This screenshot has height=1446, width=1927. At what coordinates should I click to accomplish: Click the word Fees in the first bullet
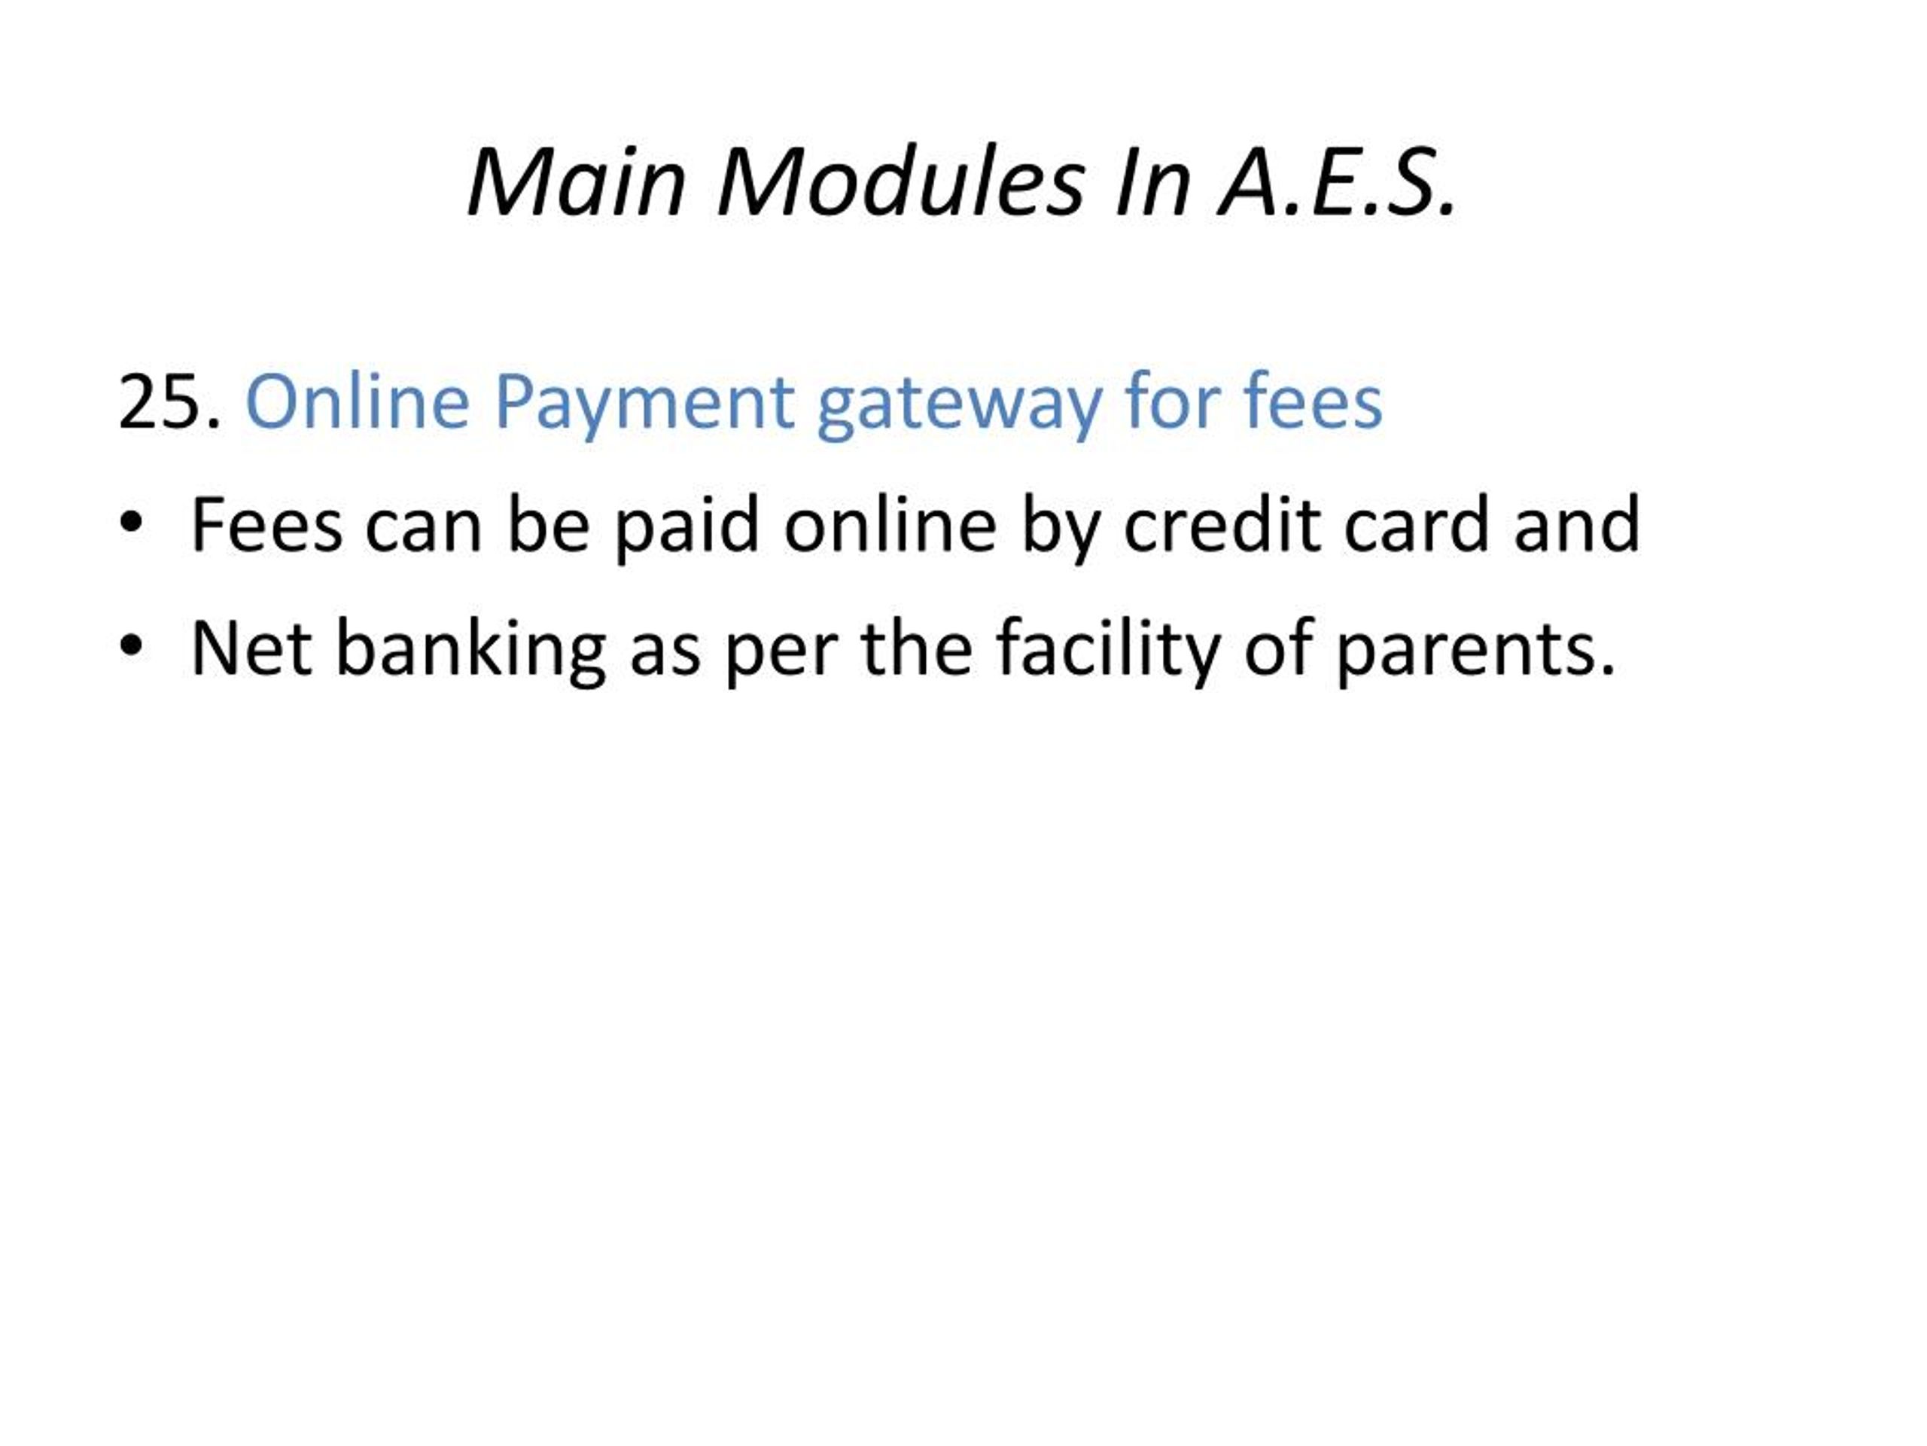tap(266, 525)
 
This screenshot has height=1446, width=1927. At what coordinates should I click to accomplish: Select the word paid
tap(686, 528)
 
